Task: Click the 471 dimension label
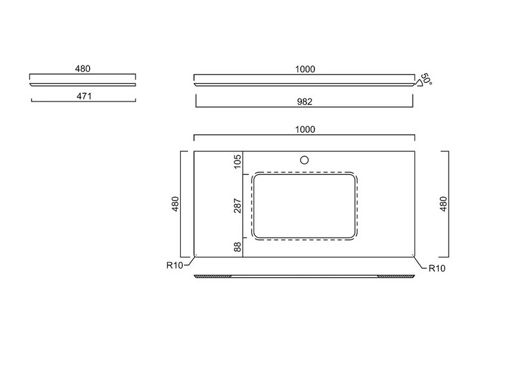pyautogui.click(x=84, y=96)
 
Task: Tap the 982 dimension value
pyautogui.click(x=305, y=102)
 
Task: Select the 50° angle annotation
pyautogui.click(x=426, y=79)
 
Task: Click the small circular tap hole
pyautogui.click(x=304, y=160)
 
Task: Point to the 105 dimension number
pyautogui.click(x=237, y=162)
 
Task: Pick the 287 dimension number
pyautogui.click(x=237, y=206)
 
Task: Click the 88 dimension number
pyautogui.click(x=237, y=248)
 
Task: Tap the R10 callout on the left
pyautogui.click(x=175, y=265)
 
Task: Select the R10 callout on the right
pyautogui.click(x=437, y=268)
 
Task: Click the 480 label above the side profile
pyautogui.click(x=83, y=69)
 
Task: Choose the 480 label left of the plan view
pyautogui.click(x=175, y=204)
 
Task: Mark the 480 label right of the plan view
pyautogui.click(x=443, y=204)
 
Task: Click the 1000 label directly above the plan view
pyautogui.click(x=305, y=130)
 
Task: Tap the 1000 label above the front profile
pyautogui.click(x=305, y=69)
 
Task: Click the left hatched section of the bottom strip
pyautogui.click(x=213, y=276)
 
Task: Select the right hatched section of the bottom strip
pyautogui.click(x=396, y=276)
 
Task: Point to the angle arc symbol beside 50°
pyautogui.click(x=418, y=83)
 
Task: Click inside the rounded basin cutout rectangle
pyautogui.click(x=304, y=206)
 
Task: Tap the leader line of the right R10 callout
pyautogui.click(x=421, y=263)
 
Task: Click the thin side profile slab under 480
pyautogui.click(x=83, y=84)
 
